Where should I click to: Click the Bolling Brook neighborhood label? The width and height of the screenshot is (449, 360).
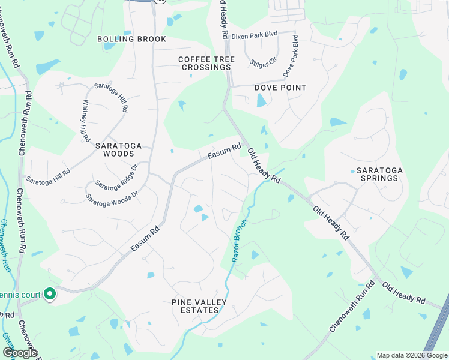point(131,39)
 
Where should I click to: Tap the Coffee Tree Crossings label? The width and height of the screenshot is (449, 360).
point(206,64)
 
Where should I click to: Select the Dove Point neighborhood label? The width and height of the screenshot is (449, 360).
point(280,88)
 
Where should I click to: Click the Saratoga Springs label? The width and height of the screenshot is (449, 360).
point(379,174)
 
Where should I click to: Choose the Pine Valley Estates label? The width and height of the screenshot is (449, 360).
point(195,306)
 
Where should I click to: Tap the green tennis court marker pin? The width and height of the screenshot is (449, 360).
point(50,294)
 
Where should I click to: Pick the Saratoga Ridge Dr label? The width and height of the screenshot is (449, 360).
point(116,177)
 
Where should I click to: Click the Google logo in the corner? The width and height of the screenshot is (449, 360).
point(20,353)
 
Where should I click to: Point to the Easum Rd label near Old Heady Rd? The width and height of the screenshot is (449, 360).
point(224,151)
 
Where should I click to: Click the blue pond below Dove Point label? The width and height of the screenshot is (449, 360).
point(261,100)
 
